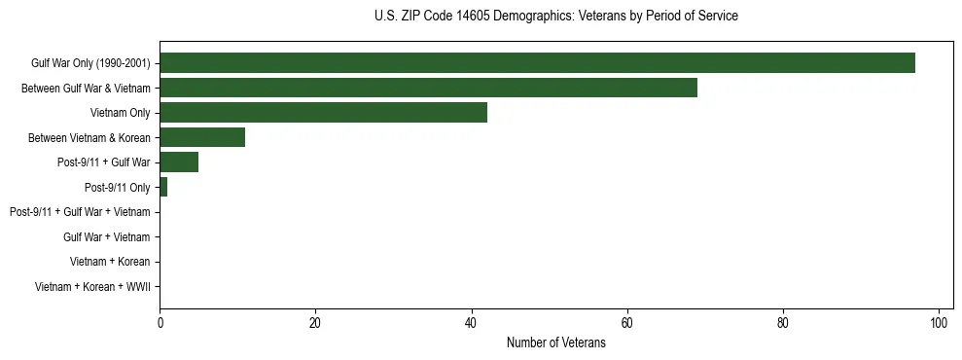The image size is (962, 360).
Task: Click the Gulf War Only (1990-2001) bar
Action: tap(537, 63)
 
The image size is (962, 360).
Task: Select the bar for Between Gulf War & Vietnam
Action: tap(428, 88)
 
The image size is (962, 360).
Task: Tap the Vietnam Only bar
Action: tap(323, 113)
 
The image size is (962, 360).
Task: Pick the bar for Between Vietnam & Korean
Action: tap(202, 137)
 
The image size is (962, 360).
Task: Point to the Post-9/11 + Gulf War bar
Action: tap(179, 162)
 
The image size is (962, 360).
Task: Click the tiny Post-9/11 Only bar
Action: tap(163, 187)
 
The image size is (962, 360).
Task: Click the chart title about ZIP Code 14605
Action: tap(555, 17)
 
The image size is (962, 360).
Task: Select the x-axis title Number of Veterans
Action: tap(555, 342)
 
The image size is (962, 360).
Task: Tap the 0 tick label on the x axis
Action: tap(160, 322)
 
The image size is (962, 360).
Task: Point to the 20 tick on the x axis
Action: tap(315, 322)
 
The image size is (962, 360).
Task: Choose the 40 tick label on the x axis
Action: tap(471, 322)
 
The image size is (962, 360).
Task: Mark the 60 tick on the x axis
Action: tap(627, 322)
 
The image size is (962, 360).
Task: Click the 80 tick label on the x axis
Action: tap(783, 322)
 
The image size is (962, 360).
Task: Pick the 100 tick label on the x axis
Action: tap(939, 322)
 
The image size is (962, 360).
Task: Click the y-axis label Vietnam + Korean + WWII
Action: tap(92, 287)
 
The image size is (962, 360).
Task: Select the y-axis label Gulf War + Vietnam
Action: tap(106, 237)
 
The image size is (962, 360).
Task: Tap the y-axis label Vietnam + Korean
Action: tap(110, 262)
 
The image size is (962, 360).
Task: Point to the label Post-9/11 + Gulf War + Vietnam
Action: tap(80, 212)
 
